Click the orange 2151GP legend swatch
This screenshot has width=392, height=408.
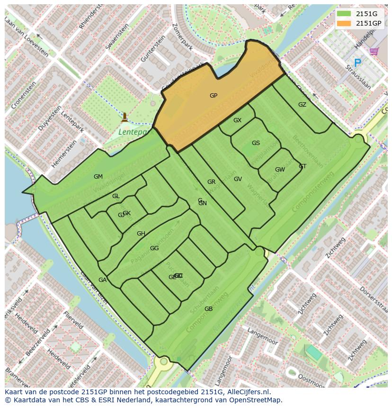click(x=344, y=23)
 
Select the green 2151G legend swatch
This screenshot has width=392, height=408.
click(x=344, y=14)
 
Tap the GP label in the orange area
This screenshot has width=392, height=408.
click(x=214, y=96)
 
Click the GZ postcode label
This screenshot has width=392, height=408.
click(x=302, y=105)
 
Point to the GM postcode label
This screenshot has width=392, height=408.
click(x=98, y=177)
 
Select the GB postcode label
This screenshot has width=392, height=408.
click(x=208, y=309)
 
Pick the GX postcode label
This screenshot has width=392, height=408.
click(x=237, y=120)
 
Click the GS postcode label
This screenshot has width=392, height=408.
click(x=256, y=143)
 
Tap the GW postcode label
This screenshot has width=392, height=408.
click(x=280, y=170)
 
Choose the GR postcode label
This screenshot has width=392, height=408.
click(x=211, y=182)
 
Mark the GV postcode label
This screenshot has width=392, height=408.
click(x=238, y=179)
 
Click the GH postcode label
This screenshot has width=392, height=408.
click(x=141, y=234)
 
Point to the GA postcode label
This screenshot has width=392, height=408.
click(x=102, y=280)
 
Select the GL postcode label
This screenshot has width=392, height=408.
click(x=116, y=196)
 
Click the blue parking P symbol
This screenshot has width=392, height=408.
click(x=357, y=63)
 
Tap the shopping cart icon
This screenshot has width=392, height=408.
click(x=374, y=51)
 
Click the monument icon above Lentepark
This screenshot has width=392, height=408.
click(x=125, y=117)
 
